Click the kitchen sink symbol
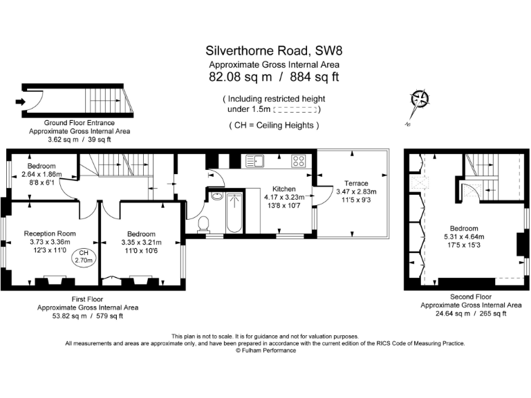point(254,161)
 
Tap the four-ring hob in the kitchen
point(299,161)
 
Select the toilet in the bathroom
point(204,222)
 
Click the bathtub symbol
point(234,214)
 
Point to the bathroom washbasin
point(216,197)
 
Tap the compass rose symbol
point(418,100)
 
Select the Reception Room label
point(50,233)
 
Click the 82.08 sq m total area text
point(234,77)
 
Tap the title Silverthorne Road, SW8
point(265,50)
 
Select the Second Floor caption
point(471,296)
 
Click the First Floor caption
point(87,299)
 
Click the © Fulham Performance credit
point(265,350)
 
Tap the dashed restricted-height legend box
point(296,110)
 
